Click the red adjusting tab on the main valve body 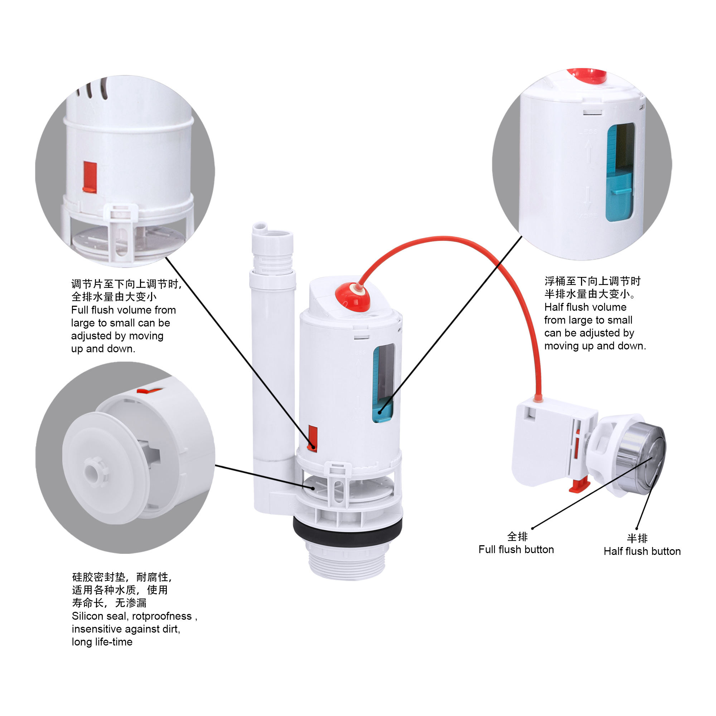click(x=313, y=439)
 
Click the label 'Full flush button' click(x=516, y=550)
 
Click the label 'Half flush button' click(x=642, y=551)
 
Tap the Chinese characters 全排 click(x=517, y=536)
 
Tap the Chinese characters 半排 click(x=637, y=538)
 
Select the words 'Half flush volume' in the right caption click(x=585, y=307)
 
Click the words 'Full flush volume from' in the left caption click(x=124, y=310)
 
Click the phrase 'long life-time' click(x=102, y=642)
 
